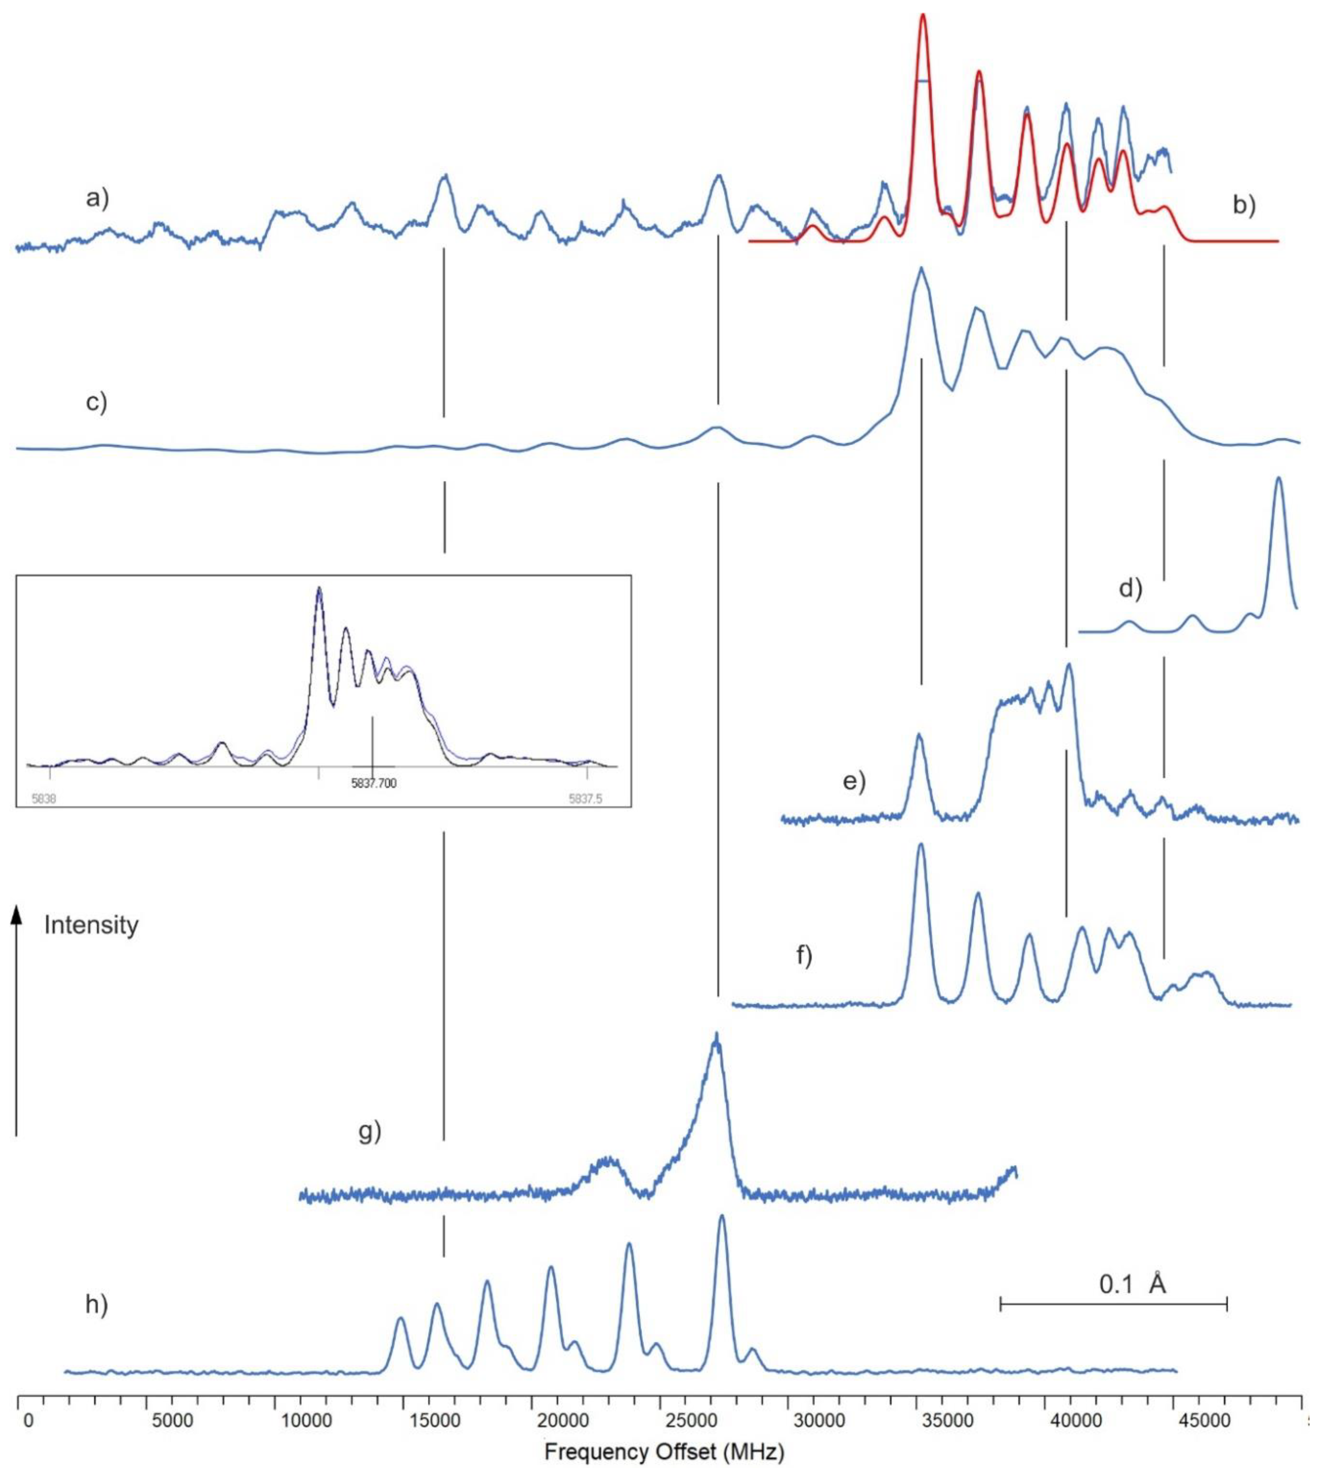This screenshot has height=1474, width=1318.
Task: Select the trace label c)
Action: pyautogui.click(x=96, y=401)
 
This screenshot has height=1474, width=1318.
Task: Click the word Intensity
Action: pyautogui.click(x=91, y=925)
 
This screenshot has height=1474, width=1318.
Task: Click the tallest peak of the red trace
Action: pyautogui.click(x=923, y=16)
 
